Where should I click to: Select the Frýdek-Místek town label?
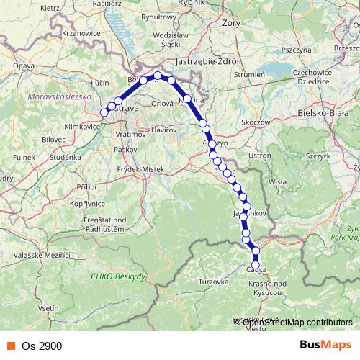(x=143, y=168)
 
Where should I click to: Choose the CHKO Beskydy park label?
(x=119, y=276)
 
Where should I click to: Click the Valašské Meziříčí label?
(x=45, y=256)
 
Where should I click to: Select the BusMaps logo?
(x=324, y=346)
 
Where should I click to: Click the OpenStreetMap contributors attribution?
(x=295, y=323)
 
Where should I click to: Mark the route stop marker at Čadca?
(x=256, y=264)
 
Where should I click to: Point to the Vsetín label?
(x=47, y=307)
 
